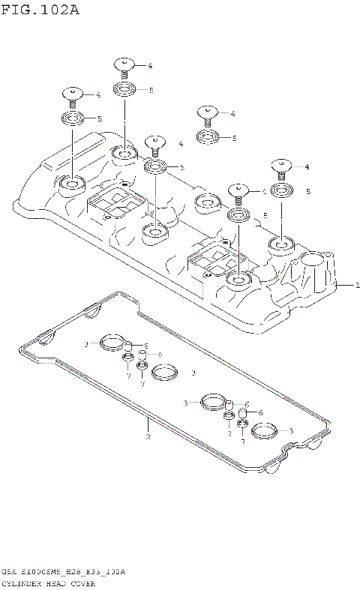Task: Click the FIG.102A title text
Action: tap(39, 10)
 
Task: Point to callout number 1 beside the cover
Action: tap(358, 285)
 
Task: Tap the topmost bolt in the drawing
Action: tap(124, 66)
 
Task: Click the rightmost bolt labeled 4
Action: tap(281, 166)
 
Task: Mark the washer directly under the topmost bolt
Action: tap(124, 90)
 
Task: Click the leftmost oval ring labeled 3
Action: tap(112, 344)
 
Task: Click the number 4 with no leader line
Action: tap(181, 143)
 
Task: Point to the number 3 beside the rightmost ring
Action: tap(291, 430)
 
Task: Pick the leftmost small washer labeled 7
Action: tap(129, 358)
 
